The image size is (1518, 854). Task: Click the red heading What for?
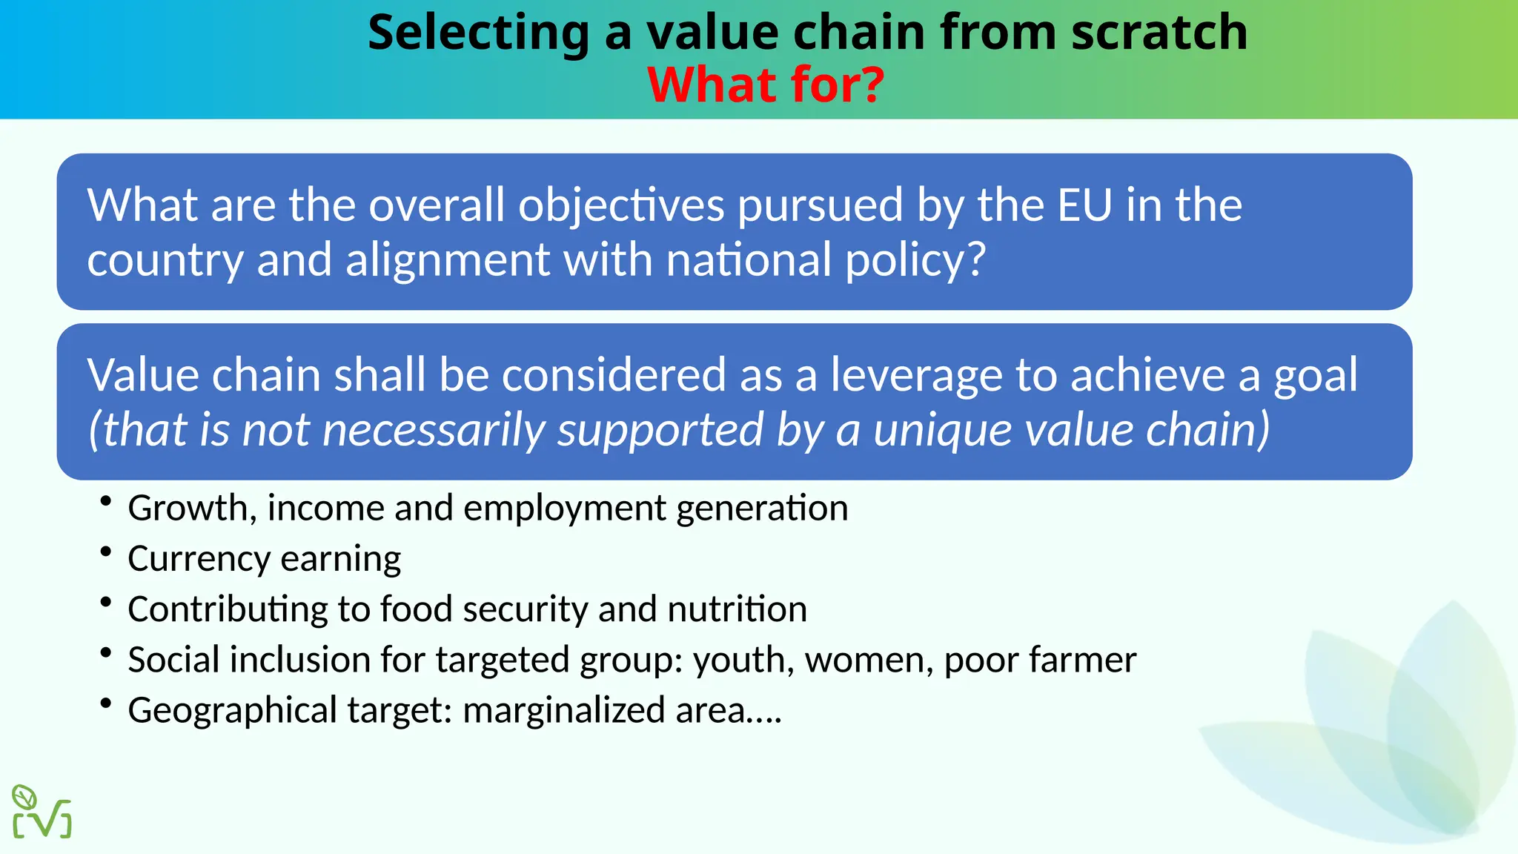pos(766,85)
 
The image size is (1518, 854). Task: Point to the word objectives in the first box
pos(621,206)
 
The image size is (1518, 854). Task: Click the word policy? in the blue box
pos(915,261)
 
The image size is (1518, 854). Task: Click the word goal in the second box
pos(1316,375)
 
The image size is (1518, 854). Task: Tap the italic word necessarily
pos(433,430)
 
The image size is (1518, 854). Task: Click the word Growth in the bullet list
pos(188,509)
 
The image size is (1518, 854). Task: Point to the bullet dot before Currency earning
pos(106,552)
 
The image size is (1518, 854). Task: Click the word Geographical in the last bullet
pos(232,710)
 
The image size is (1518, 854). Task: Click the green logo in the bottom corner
pos(42,812)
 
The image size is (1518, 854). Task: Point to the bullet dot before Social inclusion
pos(106,652)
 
